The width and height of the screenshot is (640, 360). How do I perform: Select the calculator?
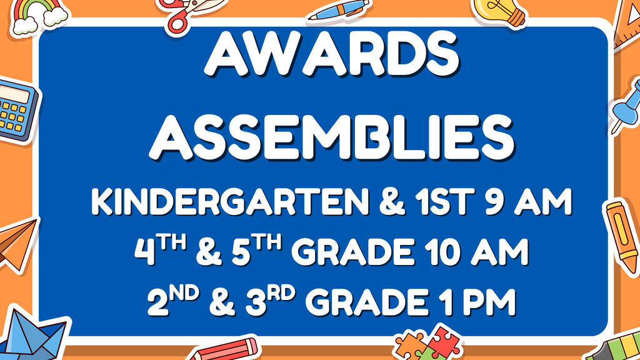point(16,110)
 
